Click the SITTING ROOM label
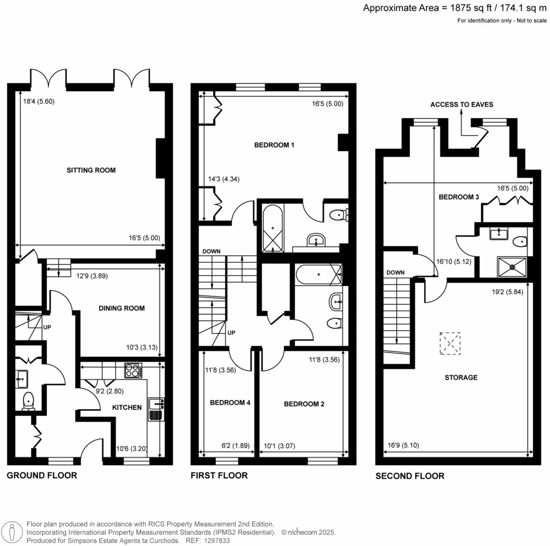point(91,170)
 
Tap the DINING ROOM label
point(122,308)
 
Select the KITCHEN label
point(127,408)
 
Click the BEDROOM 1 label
point(274,145)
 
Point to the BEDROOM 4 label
point(230,403)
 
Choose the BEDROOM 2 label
point(304,404)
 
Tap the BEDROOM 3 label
point(459,197)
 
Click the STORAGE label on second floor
point(461,378)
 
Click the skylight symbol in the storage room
point(450,343)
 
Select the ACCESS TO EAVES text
point(461,105)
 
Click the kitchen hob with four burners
point(132,371)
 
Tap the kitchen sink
point(155,409)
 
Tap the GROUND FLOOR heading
point(42,475)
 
